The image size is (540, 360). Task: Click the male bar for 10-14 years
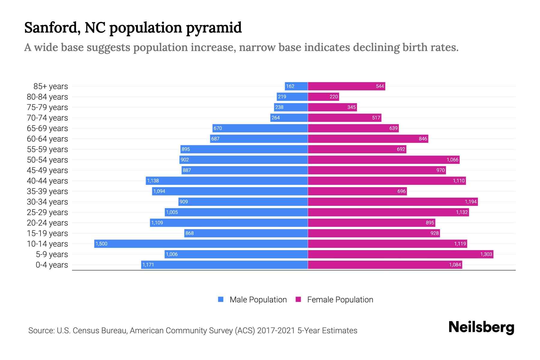tap(201, 244)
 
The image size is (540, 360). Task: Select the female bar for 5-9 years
tap(400, 254)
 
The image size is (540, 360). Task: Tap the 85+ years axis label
tap(51, 86)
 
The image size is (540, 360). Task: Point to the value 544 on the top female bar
tap(380, 86)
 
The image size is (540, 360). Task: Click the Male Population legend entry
tap(258, 300)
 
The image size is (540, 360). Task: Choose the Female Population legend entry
tap(340, 300)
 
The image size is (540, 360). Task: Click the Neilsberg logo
tap(481, 327)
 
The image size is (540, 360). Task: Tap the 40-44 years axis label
tap(47, 181)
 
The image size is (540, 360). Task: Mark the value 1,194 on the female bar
tap(470, 202)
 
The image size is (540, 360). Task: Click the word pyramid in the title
tap(214, 28)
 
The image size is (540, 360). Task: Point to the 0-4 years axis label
tap(52, 265)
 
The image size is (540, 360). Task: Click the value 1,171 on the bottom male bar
tap(148, 265)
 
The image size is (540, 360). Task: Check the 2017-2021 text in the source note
tap(276, 331)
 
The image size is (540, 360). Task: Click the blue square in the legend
tap(221, 299)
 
